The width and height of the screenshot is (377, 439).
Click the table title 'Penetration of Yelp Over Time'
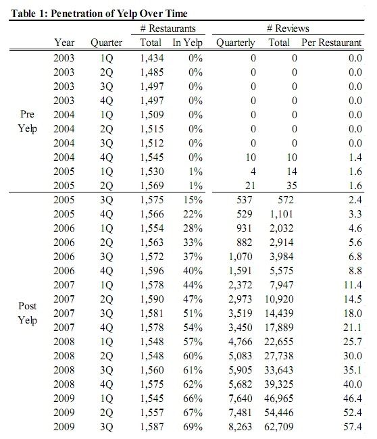119,14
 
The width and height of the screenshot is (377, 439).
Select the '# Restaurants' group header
168,28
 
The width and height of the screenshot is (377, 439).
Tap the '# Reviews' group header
288,28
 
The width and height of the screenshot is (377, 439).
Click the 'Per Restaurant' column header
331,43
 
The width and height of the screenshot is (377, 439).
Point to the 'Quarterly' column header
235,43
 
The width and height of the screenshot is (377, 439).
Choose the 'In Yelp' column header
187,43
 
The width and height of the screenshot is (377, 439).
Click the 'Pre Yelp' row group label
27,122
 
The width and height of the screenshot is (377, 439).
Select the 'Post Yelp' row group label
27,313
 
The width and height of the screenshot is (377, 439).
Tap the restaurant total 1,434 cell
151,58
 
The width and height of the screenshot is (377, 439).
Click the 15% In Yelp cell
193,200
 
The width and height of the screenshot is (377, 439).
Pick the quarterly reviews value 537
244,200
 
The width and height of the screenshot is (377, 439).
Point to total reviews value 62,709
278,427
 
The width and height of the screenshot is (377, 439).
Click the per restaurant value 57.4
353,427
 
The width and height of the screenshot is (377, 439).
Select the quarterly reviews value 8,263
240,427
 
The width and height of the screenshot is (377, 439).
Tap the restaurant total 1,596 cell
151,271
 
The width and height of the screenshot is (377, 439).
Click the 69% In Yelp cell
193,427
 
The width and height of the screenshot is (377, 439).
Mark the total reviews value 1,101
282,214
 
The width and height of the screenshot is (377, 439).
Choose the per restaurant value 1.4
355,157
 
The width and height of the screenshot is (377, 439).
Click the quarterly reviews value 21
250,186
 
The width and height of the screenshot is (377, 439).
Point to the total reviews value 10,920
279,299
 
